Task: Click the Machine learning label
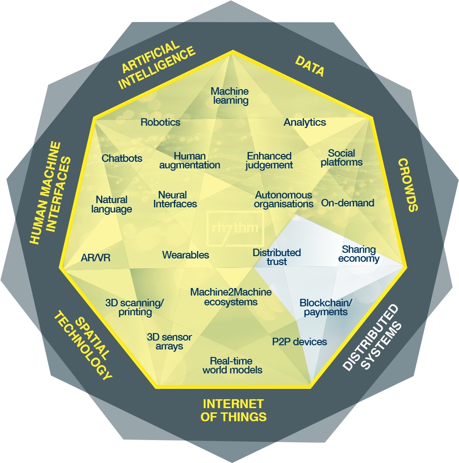pos(229,96)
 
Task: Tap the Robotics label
pos(161,122)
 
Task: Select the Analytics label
pos(305,122)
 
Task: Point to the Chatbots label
pos(122,158)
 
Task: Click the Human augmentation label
pos(190,160)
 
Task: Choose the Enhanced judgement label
pos(269,160)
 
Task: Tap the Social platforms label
pos(342,158)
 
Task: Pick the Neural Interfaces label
pos(175,199)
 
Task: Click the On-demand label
pos(348,203)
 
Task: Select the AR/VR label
pos(96,258)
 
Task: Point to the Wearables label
pos(185,255)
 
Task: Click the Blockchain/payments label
pos(326,307)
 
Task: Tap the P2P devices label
pos(299,342)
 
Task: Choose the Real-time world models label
pos(232,365)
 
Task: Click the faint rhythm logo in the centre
pos(236,228)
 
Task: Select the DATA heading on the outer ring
pos(310,66)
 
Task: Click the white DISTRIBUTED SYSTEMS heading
pos(372,338)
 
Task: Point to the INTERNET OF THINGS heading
pos(233,410)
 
